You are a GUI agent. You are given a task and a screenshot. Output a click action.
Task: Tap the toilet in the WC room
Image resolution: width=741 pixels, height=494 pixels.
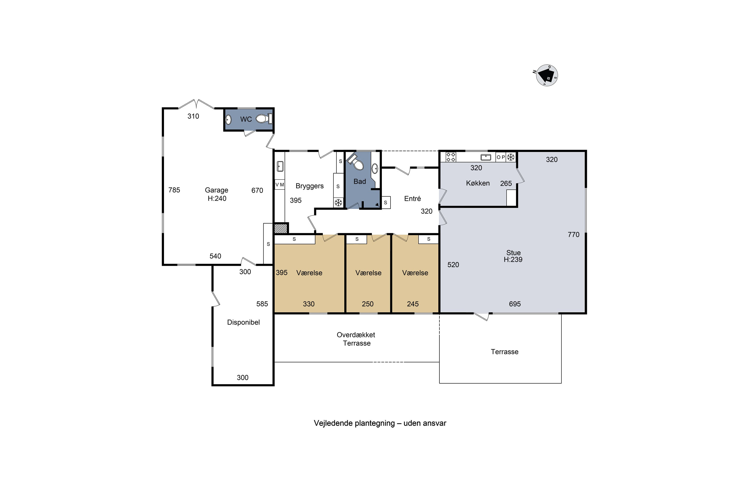(x=264, y=119)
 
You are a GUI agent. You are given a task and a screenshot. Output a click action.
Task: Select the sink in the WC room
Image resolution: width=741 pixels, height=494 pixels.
(x=228, y=119)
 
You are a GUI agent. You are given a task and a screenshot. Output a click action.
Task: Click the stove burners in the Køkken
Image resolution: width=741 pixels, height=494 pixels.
(x=451, y=157)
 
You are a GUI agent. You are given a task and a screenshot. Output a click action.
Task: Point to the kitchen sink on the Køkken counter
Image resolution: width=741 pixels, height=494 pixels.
(x=486, y=157)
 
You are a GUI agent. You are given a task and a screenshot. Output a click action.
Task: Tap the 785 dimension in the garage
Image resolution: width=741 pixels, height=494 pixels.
(x=174, y=190)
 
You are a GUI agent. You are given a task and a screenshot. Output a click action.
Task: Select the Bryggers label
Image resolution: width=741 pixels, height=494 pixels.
(x=309, y=186)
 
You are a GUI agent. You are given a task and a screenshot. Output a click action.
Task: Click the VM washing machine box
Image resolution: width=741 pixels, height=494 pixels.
(x=280, y=185)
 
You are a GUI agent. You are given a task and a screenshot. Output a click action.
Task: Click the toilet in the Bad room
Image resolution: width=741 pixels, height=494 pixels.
(x=356, y=162)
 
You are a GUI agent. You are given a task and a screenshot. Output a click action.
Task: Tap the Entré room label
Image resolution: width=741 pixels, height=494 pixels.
(x=412, y=199)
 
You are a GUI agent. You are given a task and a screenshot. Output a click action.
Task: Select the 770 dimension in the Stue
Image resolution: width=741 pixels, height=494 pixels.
(x=573, y=234)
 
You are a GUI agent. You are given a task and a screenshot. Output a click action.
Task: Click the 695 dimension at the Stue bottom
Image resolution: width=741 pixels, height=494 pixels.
(x=515, y=304)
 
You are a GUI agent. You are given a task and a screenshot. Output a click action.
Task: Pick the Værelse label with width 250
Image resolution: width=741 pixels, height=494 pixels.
(x=368, y=273)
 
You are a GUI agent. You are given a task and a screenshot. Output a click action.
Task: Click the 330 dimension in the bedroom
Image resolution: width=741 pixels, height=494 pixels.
(x=309, y=304)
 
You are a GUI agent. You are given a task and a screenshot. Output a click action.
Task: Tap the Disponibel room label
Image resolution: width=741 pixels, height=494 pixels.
(x=244, y=322)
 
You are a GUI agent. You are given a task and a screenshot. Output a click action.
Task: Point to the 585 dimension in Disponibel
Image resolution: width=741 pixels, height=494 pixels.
(x=262, y=304)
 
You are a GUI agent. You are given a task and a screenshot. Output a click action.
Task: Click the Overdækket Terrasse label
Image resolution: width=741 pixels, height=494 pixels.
(x=356, y=339)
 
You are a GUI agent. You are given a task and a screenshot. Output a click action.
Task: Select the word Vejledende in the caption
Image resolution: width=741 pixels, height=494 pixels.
(x=333, y=423)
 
